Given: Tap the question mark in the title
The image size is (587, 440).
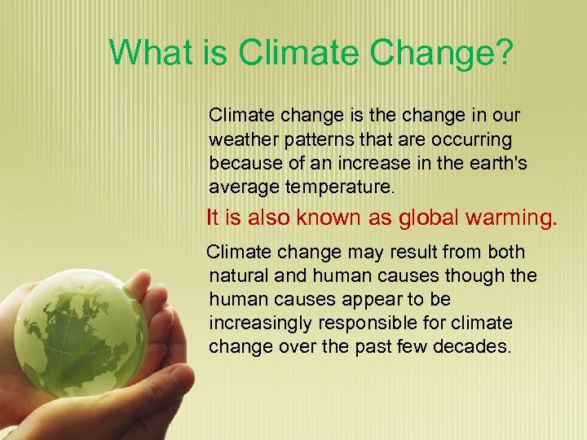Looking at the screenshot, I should point(503,53).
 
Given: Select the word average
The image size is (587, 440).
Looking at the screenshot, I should point(243,187).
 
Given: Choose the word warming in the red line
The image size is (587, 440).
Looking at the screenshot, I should point(511,218).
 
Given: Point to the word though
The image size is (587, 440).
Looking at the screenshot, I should point(476,275).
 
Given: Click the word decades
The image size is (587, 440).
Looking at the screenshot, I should point(477,346).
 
